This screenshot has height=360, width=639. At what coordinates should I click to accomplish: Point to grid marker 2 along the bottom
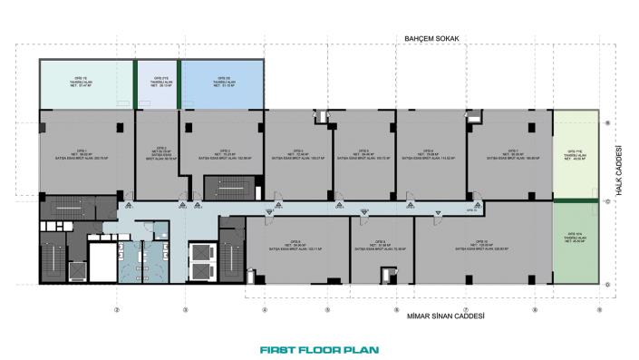(x=117, y=309)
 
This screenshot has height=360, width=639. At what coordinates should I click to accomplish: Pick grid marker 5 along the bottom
(x=327, y=309)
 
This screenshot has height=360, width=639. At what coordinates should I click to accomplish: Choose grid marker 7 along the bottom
(x=466, y=309)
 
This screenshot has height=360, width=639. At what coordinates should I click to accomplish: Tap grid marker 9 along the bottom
(x=599, y=309)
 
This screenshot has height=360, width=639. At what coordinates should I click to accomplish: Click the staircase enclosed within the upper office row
(x=224, y=188)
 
